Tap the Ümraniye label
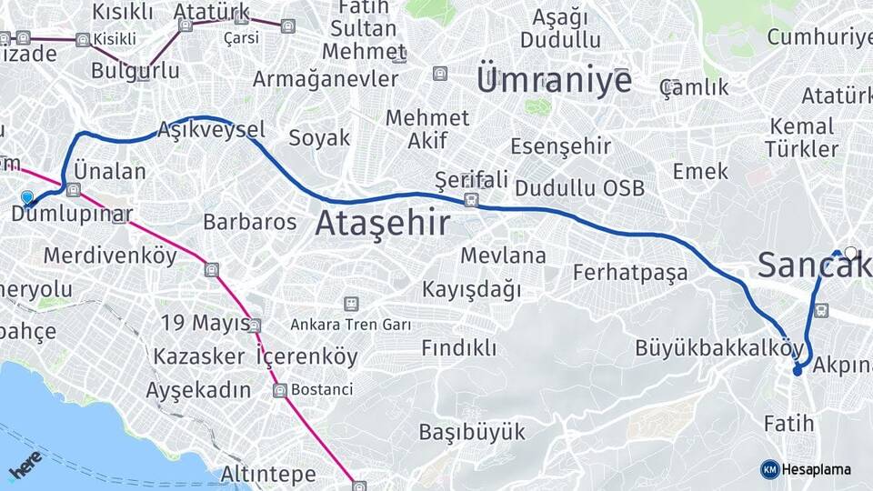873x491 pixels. (554, 81)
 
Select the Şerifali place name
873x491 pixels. (471, 178)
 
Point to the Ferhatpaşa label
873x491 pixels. (630, 273)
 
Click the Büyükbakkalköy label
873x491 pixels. (720, 348)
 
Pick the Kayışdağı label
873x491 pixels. (472, 290)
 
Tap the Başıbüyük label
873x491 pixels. (472, 431)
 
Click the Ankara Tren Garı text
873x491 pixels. (351, 325)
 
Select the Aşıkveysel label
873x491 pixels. (211, 129)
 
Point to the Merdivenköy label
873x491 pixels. (110, 256)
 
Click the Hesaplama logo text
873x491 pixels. (816, 470)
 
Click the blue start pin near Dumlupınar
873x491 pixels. (26, 197)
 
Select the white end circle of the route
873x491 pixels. (850, 253)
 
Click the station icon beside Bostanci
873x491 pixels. (279, 390)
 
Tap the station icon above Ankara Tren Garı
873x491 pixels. (351, 304)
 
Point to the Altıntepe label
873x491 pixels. (268, 474)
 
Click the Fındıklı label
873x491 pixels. (459, 347)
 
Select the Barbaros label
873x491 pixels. (250, 222)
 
